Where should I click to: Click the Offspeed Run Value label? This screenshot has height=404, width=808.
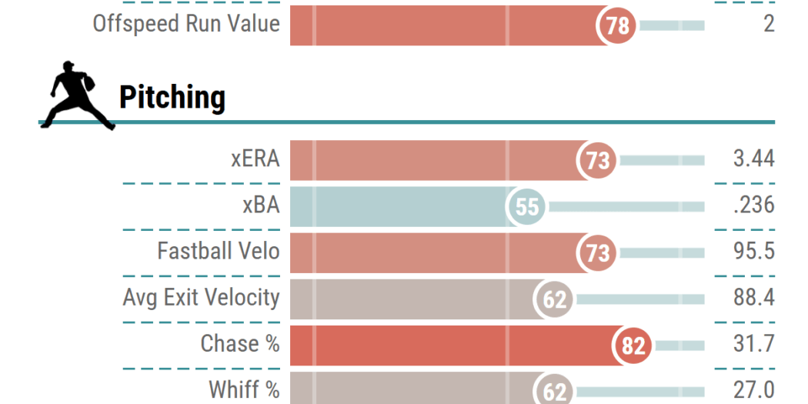tap(185, 24)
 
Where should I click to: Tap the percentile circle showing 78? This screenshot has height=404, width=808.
tap(617, 26)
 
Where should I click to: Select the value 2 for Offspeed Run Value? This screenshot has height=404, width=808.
tap(769, 24)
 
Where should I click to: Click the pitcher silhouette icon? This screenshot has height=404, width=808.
tap(76, 95)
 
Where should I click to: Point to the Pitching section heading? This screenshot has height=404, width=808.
tap(172, 98)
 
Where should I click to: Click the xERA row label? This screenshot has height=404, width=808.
tap(255, 159)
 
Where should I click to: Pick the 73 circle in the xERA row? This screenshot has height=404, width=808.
tap(597, 161)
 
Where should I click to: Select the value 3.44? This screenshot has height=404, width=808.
tap(753, 159)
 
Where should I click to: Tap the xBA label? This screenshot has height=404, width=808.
tap(260, 205)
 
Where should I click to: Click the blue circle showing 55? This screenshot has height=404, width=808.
tap(527, 207)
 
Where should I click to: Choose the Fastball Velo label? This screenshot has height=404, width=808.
tap(219, 251)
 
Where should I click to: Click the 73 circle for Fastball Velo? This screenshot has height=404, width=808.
tap(597, 253)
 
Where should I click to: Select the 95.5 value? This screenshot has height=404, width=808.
tap(753, 252)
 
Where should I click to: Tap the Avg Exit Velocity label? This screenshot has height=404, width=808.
tap(201, 297)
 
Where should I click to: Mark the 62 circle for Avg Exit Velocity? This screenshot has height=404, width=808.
tap(555, 299)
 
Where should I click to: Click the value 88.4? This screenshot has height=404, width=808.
tap(753, 298)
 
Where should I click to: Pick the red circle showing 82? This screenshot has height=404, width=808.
tap(633, 346)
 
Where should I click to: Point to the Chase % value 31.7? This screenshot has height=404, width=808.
tap(753, 344)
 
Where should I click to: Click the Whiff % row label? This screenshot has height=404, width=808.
tap(244, 389)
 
